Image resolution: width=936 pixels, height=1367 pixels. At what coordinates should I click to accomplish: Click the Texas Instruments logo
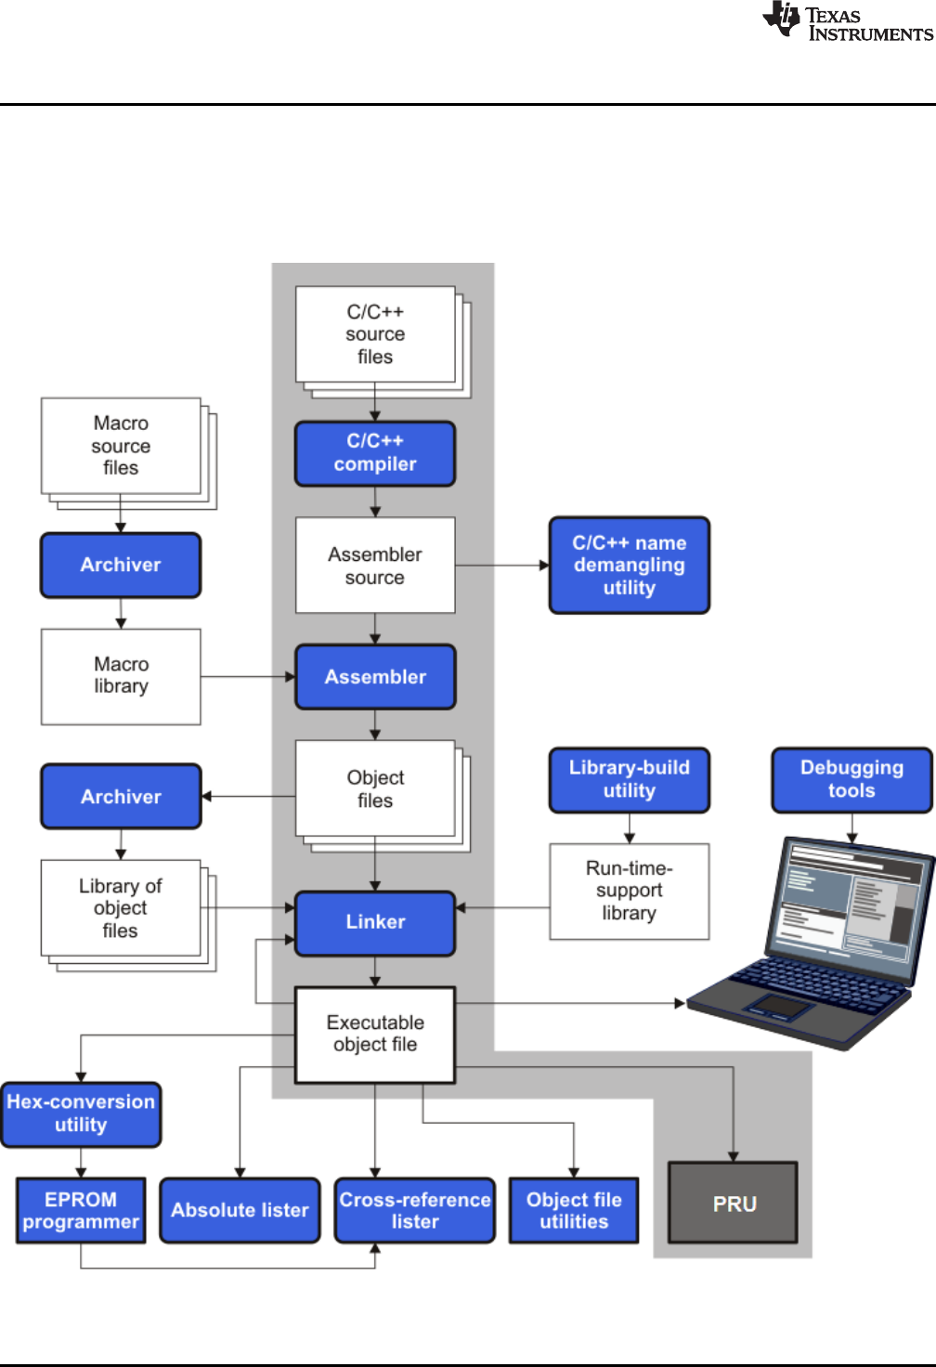pos(848,21)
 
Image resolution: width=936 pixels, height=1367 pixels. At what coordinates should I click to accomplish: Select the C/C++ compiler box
pos(375,453)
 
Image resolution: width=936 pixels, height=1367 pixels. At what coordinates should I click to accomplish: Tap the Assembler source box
pos(375,566)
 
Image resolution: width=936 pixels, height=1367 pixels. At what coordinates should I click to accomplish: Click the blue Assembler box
pos(375,677)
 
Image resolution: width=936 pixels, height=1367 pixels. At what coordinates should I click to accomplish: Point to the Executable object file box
pos(375,1035)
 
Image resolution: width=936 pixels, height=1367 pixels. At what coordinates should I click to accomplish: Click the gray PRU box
pos(734,1203)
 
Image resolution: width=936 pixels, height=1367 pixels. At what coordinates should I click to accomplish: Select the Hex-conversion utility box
pos(81,1113)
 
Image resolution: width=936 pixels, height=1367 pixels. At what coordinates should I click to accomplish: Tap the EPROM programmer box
pos(81,1211)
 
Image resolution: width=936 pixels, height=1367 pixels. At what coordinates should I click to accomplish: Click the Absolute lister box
pos(240,1211)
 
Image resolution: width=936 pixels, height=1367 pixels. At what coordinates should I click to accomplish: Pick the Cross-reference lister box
pos(415,1211)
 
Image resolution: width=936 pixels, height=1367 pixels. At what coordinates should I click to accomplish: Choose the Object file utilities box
pos(574,1211)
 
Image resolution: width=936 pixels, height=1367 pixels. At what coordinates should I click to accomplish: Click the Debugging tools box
pos(852,780)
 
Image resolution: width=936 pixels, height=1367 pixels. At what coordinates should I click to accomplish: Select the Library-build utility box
pos(630,780)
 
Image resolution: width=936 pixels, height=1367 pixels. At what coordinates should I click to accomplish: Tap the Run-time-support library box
pos(630,892)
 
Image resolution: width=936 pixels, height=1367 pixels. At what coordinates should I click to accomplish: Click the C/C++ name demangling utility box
pos(630,566)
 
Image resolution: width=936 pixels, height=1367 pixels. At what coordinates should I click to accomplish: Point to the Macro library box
pos(121,677)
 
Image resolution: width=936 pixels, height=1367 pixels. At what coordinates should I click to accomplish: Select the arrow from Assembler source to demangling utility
pos(502,566)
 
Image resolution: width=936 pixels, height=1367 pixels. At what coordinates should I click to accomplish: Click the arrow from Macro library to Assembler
pos(248,677)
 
